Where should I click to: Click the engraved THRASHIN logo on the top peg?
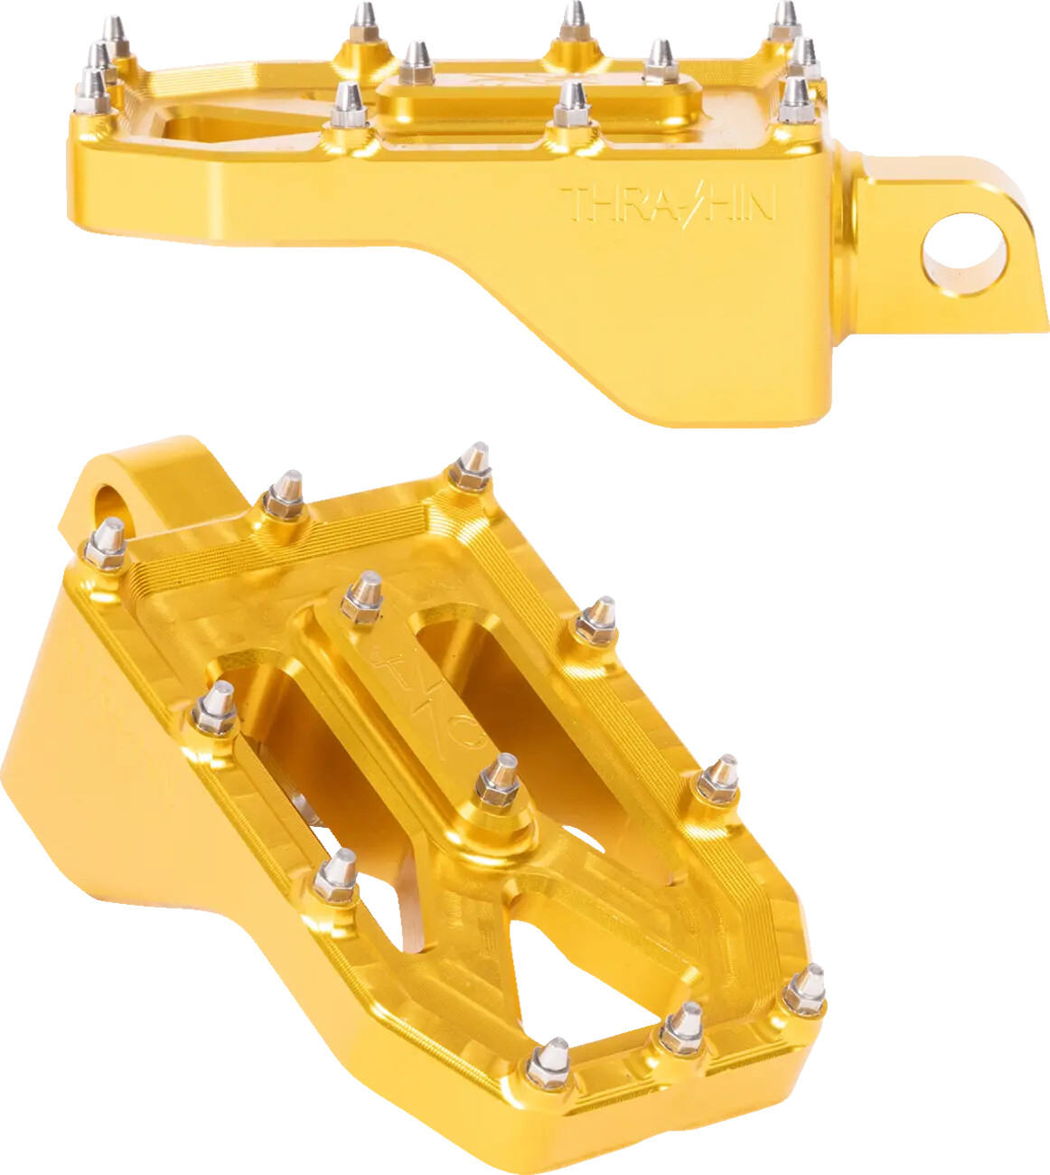668,204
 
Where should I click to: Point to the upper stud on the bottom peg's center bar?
364,597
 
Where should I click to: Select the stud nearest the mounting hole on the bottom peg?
108,544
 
